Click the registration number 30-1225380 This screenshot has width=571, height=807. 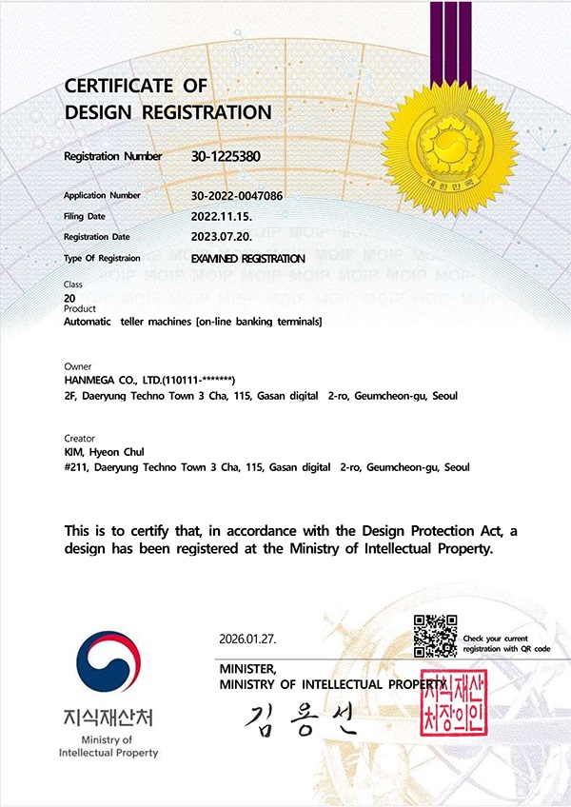click(226, 156)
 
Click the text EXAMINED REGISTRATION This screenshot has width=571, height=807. click(248, 259)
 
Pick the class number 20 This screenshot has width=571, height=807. click(69, 299)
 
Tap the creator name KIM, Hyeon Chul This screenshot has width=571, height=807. click(103, 452)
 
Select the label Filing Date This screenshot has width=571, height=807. click(84, 217)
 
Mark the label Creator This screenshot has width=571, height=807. click(78, 438)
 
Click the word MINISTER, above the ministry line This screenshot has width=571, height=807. click(247, 669)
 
